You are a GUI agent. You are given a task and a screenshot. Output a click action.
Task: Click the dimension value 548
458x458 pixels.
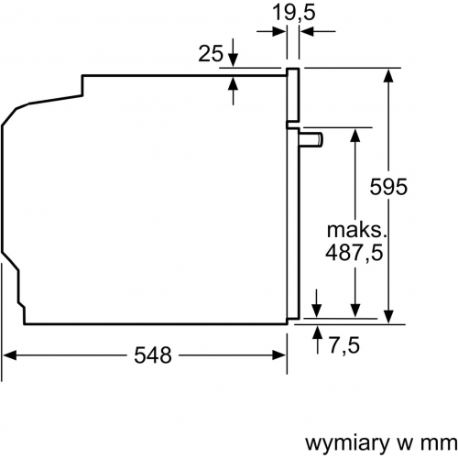[x=152, y=356]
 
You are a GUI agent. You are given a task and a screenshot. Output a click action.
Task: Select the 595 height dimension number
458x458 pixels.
[x=388, y=186]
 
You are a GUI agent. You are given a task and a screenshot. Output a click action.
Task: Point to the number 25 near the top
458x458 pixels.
[x=210, y=53]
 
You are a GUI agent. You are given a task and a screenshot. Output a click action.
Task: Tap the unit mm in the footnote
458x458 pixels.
[x=431, y=442]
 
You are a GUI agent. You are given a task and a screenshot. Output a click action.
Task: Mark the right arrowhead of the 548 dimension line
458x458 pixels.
[x=278, y=356]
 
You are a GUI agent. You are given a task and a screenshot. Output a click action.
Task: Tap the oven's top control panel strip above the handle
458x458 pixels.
[x=293, y=96]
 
